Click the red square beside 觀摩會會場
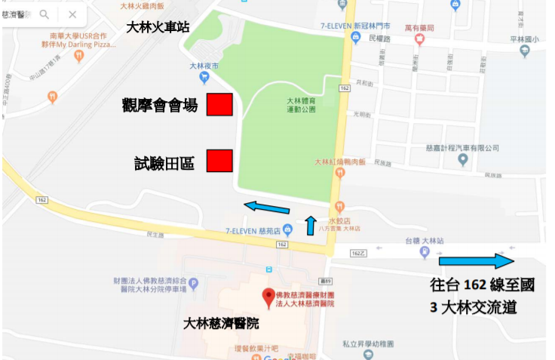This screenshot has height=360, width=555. pyautogui.click(x=219, y=105)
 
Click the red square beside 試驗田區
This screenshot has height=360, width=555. pyautogui.click(x=219, y=161)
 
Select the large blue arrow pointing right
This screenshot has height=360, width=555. pyautogui.click(x=476, y=261)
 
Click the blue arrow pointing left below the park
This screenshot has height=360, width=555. pyautogui.click(x=266, y=207)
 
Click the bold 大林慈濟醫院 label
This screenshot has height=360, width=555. pyautogui.click(x=221, y=324)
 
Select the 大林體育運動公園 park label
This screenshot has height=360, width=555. pyautogui.click(x=301, y=105)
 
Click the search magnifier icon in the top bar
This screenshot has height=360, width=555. pyautogui.click(x=44, y=14)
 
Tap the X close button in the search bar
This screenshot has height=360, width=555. pyautogui.click(x=72, y=14)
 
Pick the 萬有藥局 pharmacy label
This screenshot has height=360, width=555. pyautogui.click(x=419, y=27)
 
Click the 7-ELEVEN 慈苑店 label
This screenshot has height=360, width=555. pyautogui.click(x=253, y=230)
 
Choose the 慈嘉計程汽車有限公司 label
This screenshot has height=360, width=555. pyautogui.click(x=462, y=147)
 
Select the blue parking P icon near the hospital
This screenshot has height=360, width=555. pyautogui.click(x=193, y=284)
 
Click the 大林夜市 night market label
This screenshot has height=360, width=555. pyautogui.click(x=204, y=66)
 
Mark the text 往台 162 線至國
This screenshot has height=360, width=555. pyautogui.click(x=482, y=285)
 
